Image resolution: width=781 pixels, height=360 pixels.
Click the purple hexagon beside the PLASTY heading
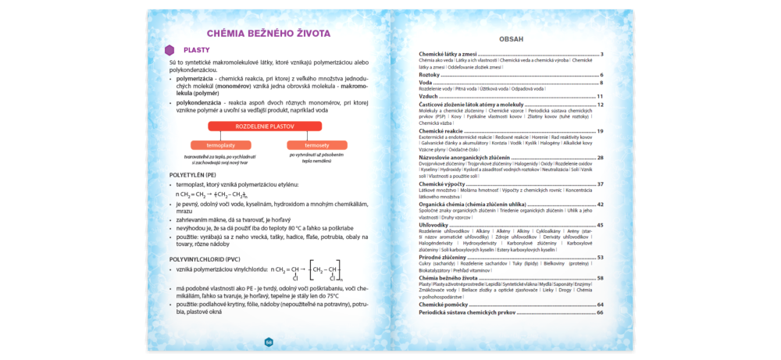coord(169,50)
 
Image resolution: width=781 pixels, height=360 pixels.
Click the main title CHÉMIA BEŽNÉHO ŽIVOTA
coord(269,34)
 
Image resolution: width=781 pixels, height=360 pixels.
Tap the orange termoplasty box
coord(221,145)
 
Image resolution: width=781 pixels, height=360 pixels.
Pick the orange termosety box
coord(317,145)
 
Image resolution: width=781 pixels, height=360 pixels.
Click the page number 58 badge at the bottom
coord(269,342)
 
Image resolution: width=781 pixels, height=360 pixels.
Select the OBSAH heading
coord(511,38)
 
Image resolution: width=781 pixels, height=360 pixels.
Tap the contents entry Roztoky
coord(430,75)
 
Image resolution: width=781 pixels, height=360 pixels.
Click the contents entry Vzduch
coord(430,96)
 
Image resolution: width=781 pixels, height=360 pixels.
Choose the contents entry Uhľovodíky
coord(433,225)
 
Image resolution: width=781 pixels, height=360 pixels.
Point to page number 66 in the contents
coord(600,312)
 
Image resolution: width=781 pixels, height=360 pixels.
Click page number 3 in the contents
coord(601,54)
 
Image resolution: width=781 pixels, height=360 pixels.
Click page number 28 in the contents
coord(600,157)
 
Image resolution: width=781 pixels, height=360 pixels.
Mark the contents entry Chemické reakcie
coord(442,131)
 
